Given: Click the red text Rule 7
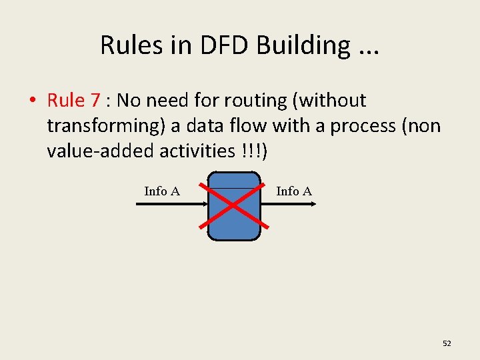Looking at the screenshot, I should (74, 101).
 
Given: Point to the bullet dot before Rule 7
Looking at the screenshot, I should (32, 101).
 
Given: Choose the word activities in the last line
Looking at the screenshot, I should (196, 151).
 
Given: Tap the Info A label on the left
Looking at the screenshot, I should (162, 191).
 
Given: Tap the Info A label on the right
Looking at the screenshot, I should (294, 191).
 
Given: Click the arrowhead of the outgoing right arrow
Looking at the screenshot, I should (313, 205).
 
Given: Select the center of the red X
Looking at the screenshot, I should (233, 205).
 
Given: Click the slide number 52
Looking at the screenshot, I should (447, 343).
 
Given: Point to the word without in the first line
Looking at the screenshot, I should (333, 101).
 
